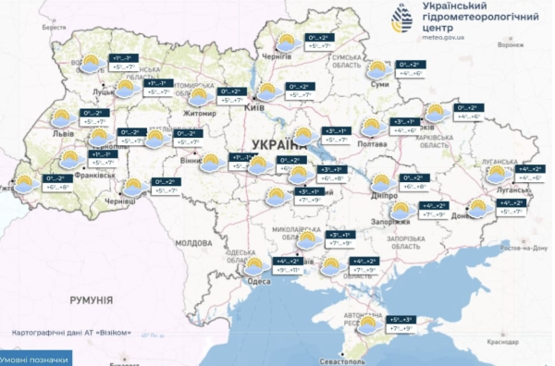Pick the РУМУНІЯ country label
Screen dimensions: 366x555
coord(90,300)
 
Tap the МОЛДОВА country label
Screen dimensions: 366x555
coord(194,242)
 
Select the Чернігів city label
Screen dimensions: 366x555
coord(277,56)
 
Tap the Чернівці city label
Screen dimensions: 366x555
coord(120,201)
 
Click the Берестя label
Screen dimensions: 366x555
coord(55,28)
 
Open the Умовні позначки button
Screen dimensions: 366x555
coord(34,360)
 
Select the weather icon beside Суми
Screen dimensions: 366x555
coord(376,69)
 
